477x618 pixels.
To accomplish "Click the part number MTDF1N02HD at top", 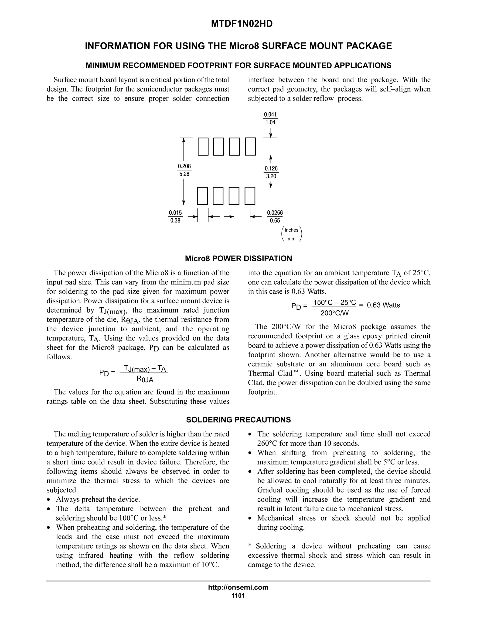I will click(242, 24).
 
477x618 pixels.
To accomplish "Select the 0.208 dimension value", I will click(184, 166).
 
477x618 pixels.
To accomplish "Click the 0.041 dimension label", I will click(270, 115).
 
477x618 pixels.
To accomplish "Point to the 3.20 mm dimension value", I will click(271, 176).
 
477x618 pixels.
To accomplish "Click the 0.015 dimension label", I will click(175, 213).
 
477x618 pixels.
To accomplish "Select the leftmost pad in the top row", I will click(203, 147).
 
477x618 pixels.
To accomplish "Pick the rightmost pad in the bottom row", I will click(250, 196).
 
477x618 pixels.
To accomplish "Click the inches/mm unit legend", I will click(292, 234).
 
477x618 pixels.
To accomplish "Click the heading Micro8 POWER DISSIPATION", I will click(238, 259).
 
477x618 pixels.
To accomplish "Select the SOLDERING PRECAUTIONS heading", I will click(238, 420).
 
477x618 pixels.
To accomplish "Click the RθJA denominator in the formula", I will click(145, 379).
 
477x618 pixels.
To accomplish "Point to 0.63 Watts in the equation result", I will click(383, 305).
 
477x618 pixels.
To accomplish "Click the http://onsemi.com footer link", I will click(238, 587).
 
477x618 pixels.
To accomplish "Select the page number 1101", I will click(238, 596).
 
